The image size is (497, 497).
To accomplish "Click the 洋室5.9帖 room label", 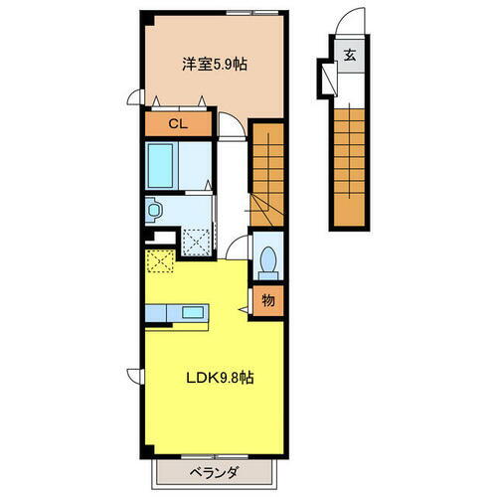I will pos(214,64).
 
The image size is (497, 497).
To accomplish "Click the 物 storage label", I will pos(267,299).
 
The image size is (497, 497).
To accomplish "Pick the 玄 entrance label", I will pos(351,55).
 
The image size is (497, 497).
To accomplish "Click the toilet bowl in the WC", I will pos(266,261).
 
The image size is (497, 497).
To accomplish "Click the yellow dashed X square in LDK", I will pos(160,260).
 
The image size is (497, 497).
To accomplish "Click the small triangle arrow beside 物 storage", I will pos(244,309).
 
